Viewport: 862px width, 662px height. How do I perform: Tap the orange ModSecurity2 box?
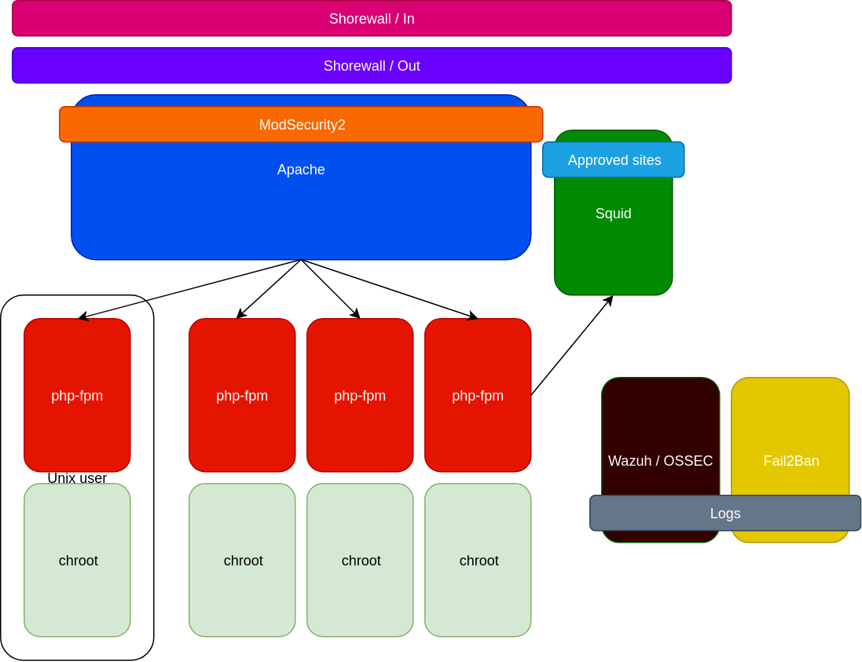(x=302, y=125)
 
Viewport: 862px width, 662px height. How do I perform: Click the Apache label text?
(x=301, y=170)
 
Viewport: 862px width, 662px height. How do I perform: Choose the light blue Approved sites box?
(x=614, y=160)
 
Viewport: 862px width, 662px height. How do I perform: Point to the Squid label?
(x=614, y=214)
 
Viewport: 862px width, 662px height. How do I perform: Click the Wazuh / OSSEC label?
(x=660, y=461)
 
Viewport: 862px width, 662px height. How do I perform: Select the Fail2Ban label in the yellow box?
(x=790, y=461)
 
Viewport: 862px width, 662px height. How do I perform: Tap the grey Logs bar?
(x=724, y=514)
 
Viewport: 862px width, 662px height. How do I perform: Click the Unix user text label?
(x=77, y=477)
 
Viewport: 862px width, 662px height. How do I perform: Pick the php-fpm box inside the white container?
(x=77, y=395)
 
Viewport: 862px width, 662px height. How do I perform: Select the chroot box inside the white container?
(x=77, y=560)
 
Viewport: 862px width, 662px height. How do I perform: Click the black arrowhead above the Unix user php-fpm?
(x=82, y=316)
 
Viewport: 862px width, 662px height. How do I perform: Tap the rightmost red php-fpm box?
(x=478, y=395)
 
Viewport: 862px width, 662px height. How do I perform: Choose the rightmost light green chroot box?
(x=478, y=560)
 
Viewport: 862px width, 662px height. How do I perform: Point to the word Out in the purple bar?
(x=409, y=66)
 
